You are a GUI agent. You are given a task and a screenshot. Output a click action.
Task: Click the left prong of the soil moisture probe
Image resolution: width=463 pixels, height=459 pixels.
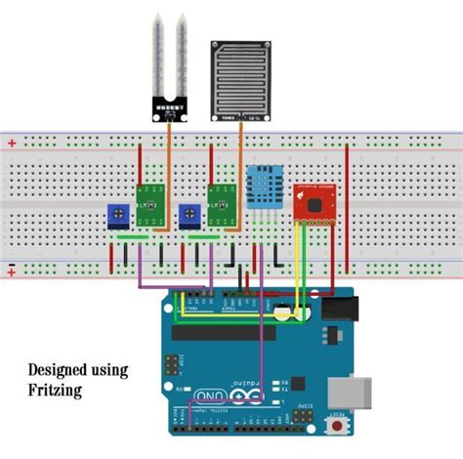[x=157, y=49]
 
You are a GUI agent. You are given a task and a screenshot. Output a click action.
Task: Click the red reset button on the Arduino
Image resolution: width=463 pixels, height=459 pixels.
[x=338, y=428]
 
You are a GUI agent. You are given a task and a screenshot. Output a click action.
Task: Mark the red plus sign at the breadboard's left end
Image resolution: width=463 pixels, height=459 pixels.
[x=12, y=143]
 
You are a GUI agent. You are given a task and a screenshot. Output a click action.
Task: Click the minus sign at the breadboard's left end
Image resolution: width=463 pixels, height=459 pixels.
[x=12, y=266]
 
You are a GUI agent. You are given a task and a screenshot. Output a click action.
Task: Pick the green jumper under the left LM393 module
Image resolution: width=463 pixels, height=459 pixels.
[x=132, y=237]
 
